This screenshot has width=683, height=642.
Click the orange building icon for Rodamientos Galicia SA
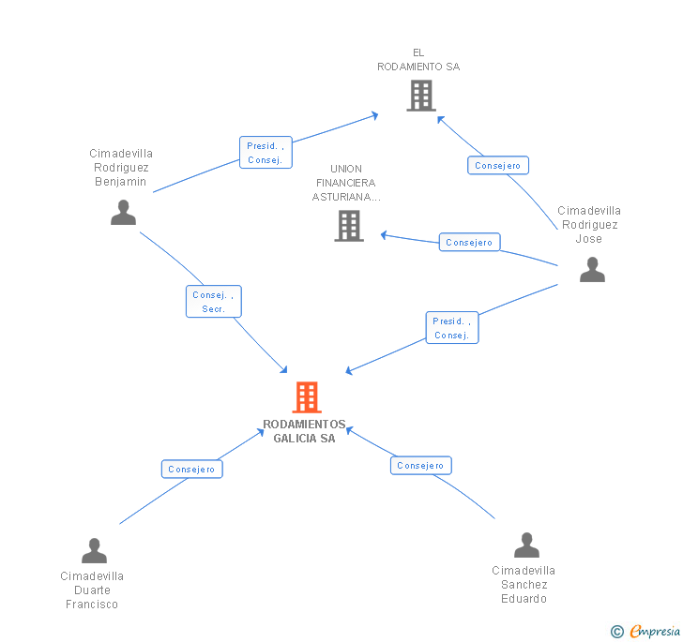pyautogui.click(x=307, y=397)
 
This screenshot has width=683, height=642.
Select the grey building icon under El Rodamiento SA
pyautogui.click(x=421, y=96)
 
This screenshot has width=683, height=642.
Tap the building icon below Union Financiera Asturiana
pyautogui.click(x=349, y=226)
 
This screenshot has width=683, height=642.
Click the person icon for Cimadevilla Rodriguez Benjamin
pyautogui.click(x=123, y=213)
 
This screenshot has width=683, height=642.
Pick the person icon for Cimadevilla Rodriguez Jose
pyautogui.click(x=592, y=269)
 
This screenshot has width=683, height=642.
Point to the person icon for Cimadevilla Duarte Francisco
pyautogui.click(x=94, y=550)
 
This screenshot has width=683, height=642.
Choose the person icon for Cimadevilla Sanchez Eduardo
pyautogui.click(x=526, y=545)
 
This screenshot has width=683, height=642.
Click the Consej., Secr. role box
pyautogui.click(x=214, y=301)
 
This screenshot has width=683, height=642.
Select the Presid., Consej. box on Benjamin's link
pyautogui.click(x=266, y=153)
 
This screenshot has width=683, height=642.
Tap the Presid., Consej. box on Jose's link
pyautogui.click(x=452, y=328)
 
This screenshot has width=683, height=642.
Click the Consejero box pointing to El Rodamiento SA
pyautogui.click(x=498, y=165)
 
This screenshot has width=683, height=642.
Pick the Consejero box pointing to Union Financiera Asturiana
pyautogui.click(x=469, y=242)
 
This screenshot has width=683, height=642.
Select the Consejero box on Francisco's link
pyautogui.click(x=192, y=470)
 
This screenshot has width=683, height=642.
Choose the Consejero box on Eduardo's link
pyautogui.click(x=420, y=465)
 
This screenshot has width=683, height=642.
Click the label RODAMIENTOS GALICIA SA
pyautogui.click(x=304, y=431)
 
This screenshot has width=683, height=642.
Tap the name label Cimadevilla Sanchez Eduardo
pyautogui.click(x=524, y=585)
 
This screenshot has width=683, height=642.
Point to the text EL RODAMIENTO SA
pyautogui.click(x=418, y=60)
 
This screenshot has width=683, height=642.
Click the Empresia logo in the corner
pyautogui.click(x=645, y=631)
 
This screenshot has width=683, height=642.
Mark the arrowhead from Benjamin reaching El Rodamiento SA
pyautogui.click(x=374, y=115)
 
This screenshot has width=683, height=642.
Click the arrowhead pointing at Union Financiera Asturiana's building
pyautogui.click(x=384, y=235)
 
